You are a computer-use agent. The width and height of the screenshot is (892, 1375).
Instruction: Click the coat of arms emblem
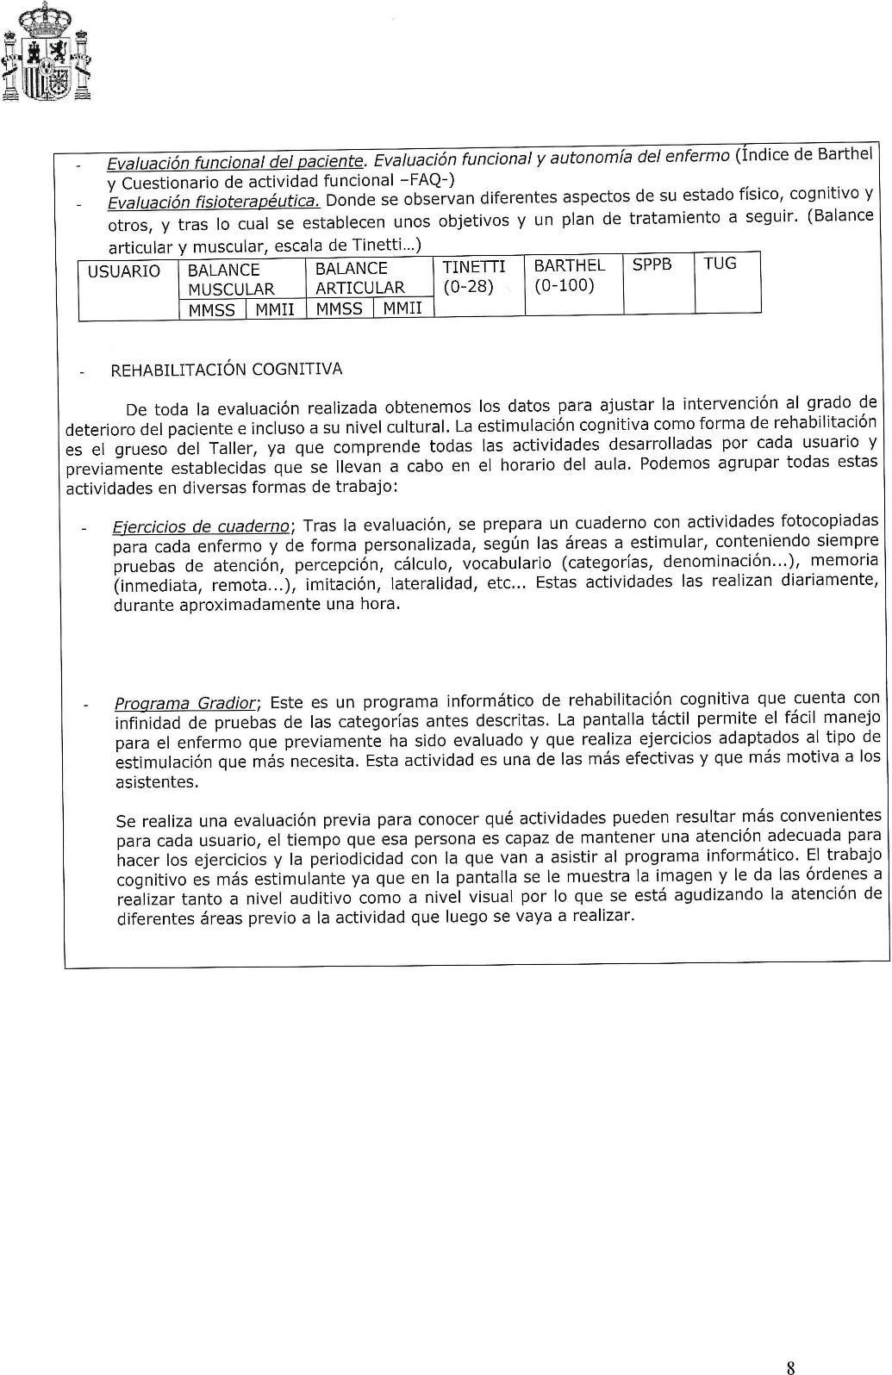coord(47,54)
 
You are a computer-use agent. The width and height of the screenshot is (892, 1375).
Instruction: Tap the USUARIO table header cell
coord(124,271)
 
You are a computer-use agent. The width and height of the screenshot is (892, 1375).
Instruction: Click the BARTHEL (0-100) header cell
coord(569,275)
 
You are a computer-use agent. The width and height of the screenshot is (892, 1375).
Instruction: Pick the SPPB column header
coord(652,264)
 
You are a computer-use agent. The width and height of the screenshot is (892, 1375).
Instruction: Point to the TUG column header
coord(720,264)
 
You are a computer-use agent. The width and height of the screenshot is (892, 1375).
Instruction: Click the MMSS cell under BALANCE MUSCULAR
coord(211,310)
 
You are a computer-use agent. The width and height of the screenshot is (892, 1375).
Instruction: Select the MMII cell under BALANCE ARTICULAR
coord(402,308)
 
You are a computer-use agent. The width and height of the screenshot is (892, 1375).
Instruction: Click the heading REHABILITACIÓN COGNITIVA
coord(226,370)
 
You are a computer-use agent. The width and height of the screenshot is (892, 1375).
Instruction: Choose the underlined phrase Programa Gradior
coord(187,703)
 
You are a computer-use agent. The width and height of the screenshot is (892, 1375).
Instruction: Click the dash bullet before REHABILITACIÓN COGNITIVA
coord(82,373)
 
